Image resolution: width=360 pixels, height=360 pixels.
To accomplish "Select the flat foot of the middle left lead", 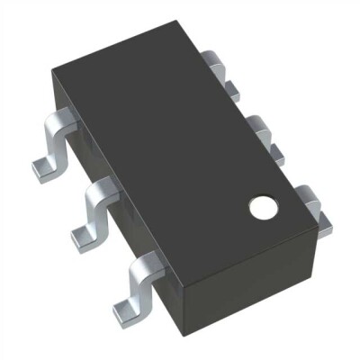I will tap(83, 236).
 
